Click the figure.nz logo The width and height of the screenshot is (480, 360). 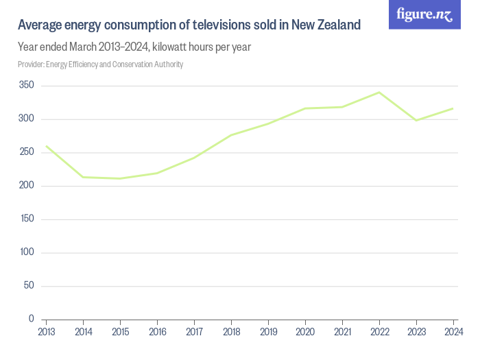(x=424, y=14)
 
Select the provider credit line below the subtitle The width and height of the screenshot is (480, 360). (x=100, y=64)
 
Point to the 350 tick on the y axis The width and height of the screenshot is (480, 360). (x=27, y=85)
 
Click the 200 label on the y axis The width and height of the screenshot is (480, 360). (x=27, y=185)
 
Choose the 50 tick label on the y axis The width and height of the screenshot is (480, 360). (x=29, y=285)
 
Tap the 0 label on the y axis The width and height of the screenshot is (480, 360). (x=32, y=319)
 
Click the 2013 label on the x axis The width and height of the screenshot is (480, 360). (x=46, y=332)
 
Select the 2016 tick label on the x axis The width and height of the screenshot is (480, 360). (x=157, y=332)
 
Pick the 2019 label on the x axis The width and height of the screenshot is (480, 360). (x=268, y=332)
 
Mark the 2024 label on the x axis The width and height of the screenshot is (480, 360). (x=453, y=332)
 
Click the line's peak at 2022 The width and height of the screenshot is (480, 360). (x=379, y=92)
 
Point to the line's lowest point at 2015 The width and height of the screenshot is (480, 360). (x=120, y=178)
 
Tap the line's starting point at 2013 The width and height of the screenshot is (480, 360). (x=46, y=146)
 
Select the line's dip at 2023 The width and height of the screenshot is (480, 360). (x=416, y=121)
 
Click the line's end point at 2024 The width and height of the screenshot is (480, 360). (x=453, y=108)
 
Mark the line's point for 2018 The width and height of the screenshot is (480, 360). (x=231, y=135)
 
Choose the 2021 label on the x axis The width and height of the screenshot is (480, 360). (x=342, y=332)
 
